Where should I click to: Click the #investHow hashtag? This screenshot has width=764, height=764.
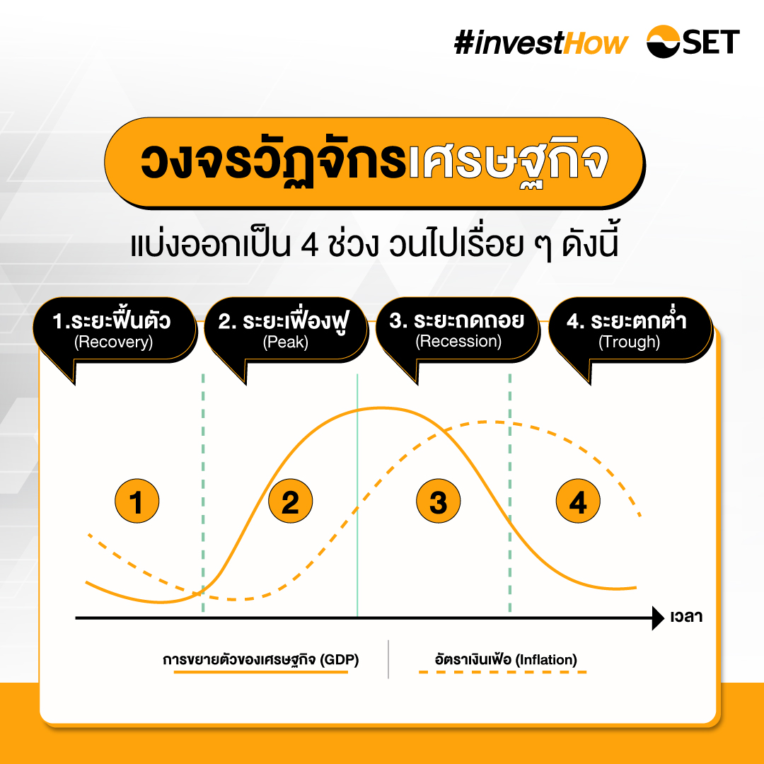tap(541, 43)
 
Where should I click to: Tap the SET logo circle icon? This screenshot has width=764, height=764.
tap(663, 42)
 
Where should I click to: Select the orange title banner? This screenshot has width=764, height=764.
tap(374, 163)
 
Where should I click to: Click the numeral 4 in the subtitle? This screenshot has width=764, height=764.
tap(309, 245)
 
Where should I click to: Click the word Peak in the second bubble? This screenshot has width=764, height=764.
tap(286, 342)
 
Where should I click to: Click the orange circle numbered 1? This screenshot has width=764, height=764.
tap(137, 501)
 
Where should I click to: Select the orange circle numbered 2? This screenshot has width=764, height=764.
tap(291, 501)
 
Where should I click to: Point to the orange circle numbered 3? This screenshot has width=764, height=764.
tap(439, 501)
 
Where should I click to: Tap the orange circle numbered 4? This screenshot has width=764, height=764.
tap(579, 501)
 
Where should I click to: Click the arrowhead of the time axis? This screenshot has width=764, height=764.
tap(658, 618)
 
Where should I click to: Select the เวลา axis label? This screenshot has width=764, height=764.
tap(686, 617)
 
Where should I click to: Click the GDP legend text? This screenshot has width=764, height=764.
tap(260, 660)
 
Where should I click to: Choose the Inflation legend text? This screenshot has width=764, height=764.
tap(506, 660)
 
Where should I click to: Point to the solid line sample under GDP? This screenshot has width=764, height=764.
tap(260, 673)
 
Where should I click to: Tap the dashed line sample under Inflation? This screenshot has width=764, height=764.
tap(503, 673)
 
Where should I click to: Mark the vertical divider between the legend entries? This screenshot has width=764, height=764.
tap(388, 659)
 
